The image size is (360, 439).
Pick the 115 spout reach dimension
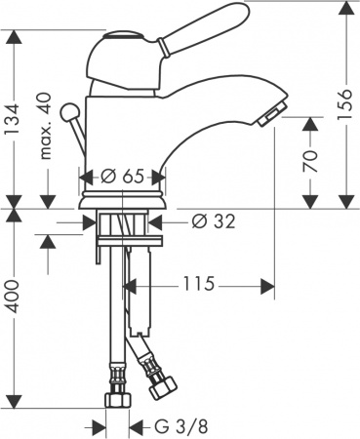(197, 286)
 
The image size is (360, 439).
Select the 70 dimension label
(310, 161)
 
